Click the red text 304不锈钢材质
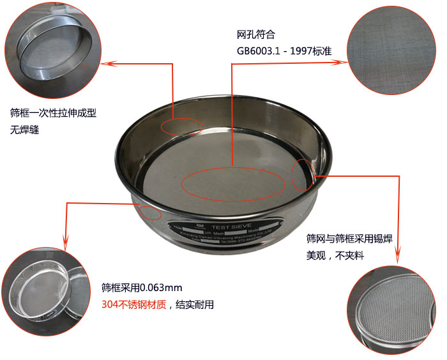134,304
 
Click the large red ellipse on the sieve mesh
233,184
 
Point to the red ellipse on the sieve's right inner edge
303,175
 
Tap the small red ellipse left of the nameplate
151,213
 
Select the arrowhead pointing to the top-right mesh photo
344,63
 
